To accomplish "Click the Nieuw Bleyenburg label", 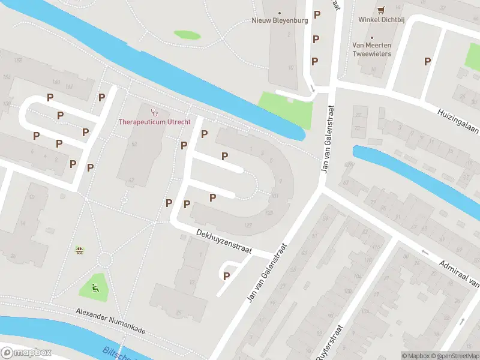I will [x=280, y=20].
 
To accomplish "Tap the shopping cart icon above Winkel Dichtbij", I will [x=381, y=10].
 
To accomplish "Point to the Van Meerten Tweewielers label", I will [x=371, y=49].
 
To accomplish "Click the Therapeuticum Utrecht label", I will [x=155, y=122].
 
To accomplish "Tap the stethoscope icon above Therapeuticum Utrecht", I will [x=154, y=112].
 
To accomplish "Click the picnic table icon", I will [x=79, y=250].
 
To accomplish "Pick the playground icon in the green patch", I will [x=94, y=287].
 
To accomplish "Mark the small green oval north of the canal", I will [x=187, y=35].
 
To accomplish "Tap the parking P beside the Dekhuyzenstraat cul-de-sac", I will [x=226, y=276].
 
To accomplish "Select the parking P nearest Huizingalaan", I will [x=427, y=61].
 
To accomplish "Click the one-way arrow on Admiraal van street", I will [x=425, y=252].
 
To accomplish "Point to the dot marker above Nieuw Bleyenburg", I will [x=279, y=11].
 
